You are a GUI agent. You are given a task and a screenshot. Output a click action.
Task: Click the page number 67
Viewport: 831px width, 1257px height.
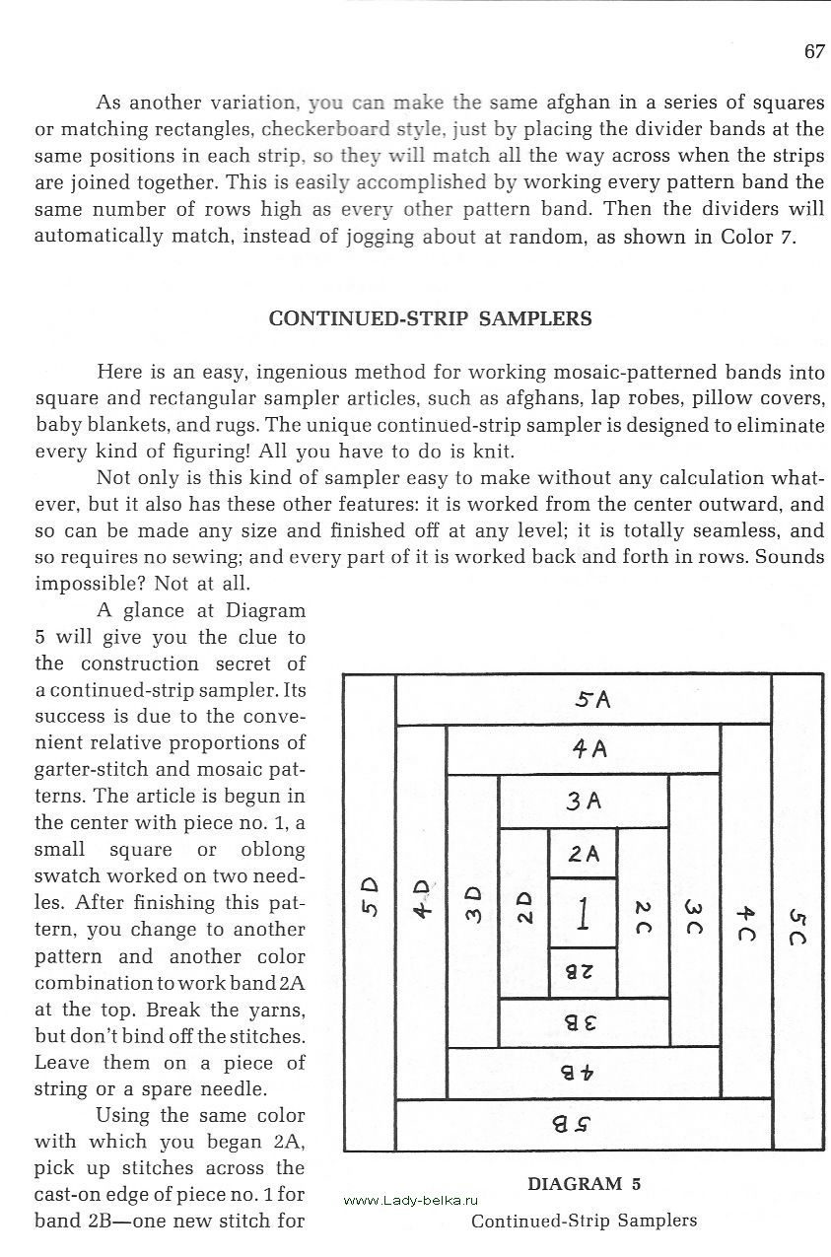813,52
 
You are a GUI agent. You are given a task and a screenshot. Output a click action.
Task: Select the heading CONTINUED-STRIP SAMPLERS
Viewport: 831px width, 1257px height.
431,318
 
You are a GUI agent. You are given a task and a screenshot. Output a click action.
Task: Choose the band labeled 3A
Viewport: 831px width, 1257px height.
584,802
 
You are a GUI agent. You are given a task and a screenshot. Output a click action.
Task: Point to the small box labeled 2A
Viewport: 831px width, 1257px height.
583,853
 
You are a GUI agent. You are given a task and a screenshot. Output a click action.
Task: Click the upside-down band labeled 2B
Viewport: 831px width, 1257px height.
583,972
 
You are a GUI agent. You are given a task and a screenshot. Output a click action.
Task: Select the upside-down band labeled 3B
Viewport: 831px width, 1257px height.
584,1023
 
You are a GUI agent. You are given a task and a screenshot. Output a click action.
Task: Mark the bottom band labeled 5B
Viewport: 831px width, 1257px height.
584,1124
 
